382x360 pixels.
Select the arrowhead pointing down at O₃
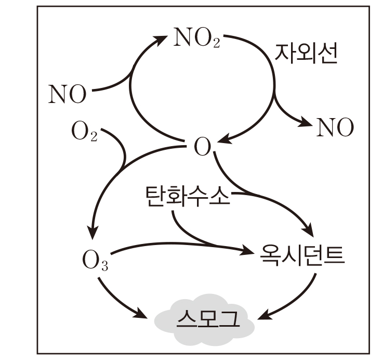tap(94, 231)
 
